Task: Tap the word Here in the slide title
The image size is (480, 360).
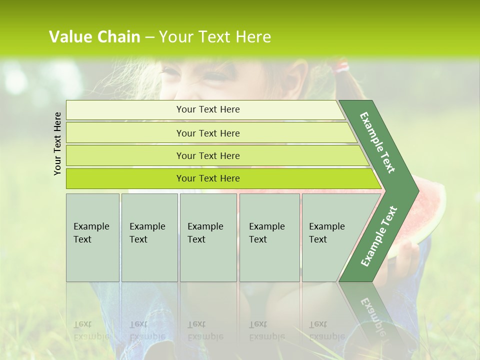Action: pyautogui.click(x=253, y=37)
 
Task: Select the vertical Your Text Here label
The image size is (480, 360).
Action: pyautogui.click(x=57, y=143)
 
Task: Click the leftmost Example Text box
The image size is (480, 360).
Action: pyautogui.click(x=92, y=237)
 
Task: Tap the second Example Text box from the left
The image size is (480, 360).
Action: pyautogui.click(x=149, y=237)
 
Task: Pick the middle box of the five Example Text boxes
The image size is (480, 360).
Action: pyautogui.click(x=208, y=237)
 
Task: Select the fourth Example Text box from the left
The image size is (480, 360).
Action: pyautogui.click(x=269, y=237)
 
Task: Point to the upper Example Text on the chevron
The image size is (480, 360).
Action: pyautogui.click(x=377, y=142)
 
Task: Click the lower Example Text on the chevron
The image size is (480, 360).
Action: pyautogui.click(x=378, y=236)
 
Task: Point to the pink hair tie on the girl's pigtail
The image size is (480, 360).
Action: pyautogui.click(x=342, y=66)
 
